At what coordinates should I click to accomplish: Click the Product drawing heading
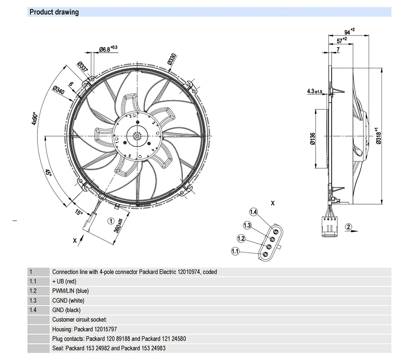54,12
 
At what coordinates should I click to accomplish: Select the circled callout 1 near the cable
111,221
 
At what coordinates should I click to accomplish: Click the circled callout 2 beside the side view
349,226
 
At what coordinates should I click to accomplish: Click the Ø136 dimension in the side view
312,139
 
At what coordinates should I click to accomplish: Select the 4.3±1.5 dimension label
314,91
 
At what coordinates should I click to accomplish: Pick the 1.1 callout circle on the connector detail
235,251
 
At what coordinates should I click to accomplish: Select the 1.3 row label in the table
33,300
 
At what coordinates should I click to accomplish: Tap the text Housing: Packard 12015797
84,329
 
